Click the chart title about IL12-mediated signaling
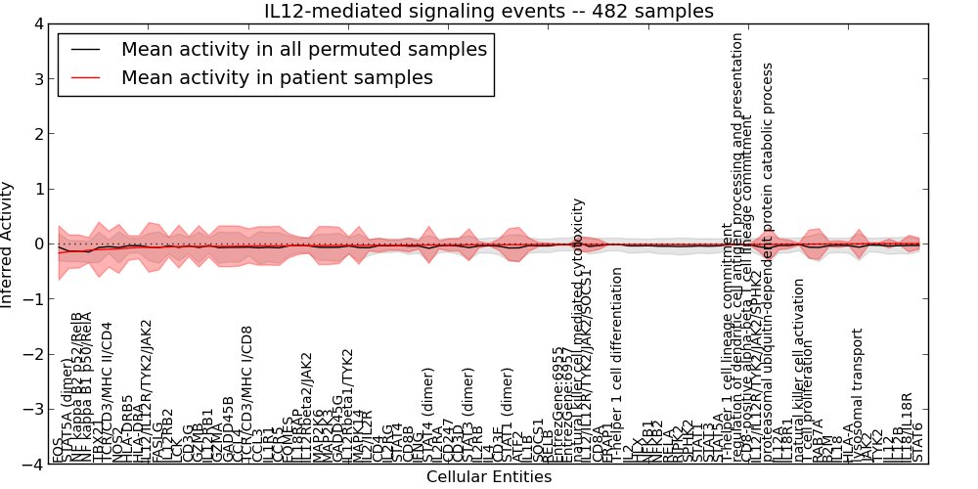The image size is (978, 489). [x=489, y=11]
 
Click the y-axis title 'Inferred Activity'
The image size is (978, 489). [x=8, y=244]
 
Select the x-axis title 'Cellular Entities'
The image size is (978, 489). [x=489, y=477]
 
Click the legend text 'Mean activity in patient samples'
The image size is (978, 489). [x=277, y=77]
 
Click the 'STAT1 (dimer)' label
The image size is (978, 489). [x=509, y=416]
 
